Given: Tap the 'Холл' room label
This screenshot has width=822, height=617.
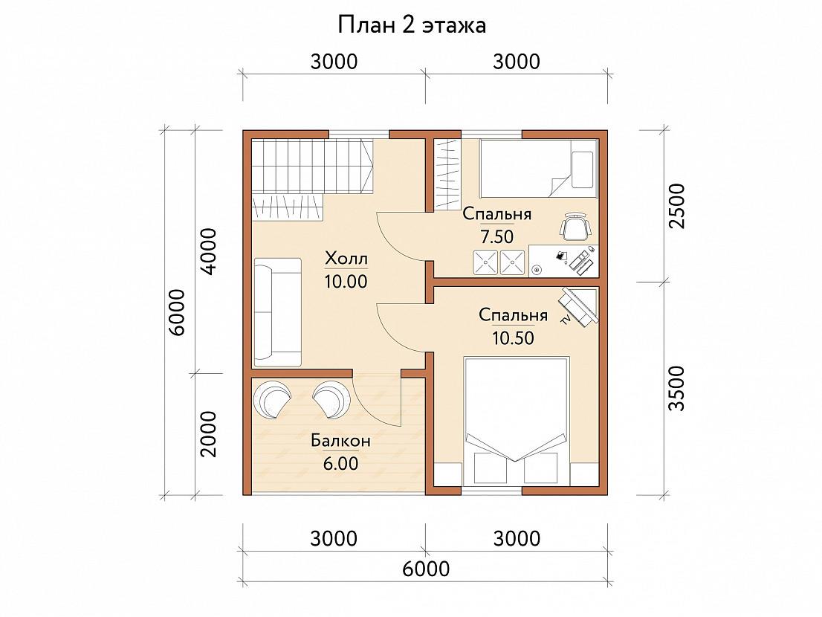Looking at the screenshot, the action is (x=346, y=259).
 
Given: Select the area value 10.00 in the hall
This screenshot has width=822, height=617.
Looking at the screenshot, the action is (x=346, y=282).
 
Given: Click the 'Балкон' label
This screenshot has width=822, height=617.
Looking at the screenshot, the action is (x=340, y=441).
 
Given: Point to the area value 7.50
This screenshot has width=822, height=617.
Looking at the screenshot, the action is (x=497, y=237).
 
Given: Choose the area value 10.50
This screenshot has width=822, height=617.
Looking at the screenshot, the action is (x=514, y=338).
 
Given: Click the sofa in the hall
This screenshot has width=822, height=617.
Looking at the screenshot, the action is (x=278, y=312).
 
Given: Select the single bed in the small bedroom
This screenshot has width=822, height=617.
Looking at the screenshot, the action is (x=540, y=168).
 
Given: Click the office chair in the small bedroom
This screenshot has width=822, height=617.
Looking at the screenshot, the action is (x=575, y=227).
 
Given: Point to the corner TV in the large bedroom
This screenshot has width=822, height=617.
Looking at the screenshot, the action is (x=579, y=307).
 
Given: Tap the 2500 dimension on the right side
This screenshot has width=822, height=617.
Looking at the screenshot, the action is (x=677, y=205).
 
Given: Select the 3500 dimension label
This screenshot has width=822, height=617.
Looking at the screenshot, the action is (x=677, y=389).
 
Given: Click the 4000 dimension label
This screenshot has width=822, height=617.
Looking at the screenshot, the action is (x=209, y=251).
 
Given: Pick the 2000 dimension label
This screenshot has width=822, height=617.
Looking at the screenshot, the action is (x=209, y=434).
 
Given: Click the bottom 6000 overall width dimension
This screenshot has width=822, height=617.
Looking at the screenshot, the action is (x=426, y=568).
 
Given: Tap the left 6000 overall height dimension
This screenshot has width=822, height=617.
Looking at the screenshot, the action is (x=177, y=312).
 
